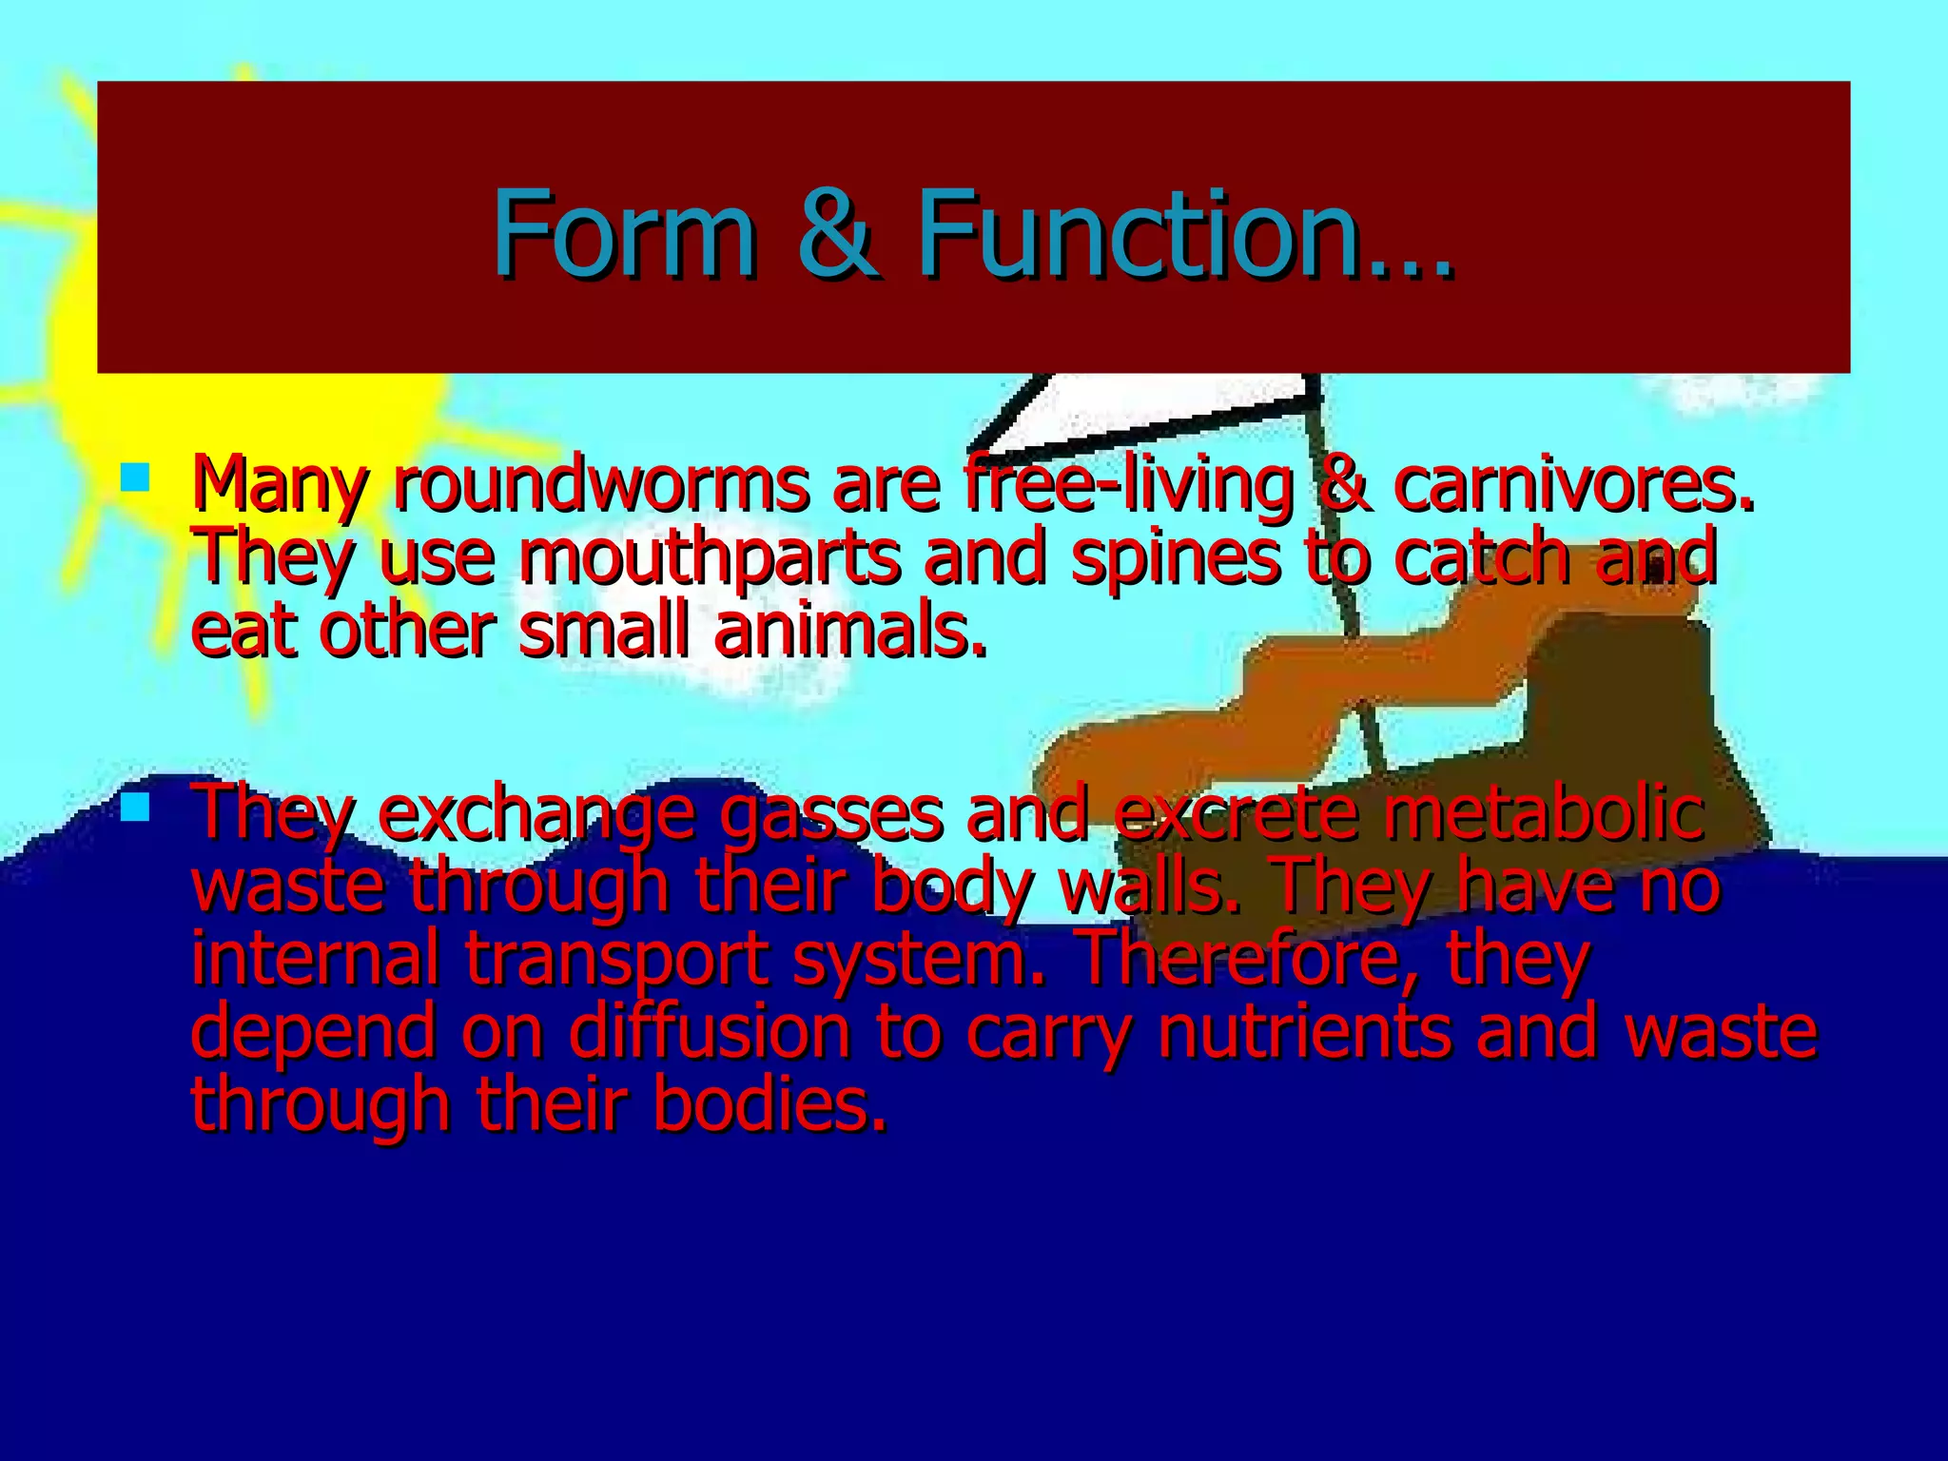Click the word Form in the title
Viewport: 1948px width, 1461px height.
[623, 233]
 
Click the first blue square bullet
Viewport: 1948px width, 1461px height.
[135, 477]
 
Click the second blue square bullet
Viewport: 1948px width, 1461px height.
[135, 808]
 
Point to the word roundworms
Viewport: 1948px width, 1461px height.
[601, 485]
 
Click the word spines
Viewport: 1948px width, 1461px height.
[1176, 559]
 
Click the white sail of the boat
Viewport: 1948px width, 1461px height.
[1151, 409]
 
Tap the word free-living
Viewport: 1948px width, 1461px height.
[1128, 487]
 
